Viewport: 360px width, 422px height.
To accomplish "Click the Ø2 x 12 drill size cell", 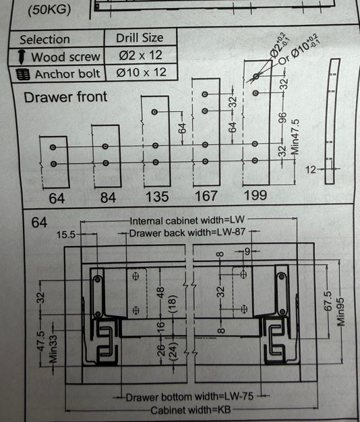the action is click(x=140, y=55).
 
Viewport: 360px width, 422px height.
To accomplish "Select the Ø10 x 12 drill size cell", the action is click(x=142, y=72).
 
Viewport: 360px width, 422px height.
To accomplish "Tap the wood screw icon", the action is click(x=22, y=57).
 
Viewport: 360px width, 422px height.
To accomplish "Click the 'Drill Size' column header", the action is click(x=140, y=38).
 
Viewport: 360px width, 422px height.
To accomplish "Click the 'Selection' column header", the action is click(x=44, y=40).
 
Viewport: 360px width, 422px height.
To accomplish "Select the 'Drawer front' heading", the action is click(x=65, y=97).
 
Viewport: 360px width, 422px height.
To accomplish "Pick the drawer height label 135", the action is click(x=157, y=197).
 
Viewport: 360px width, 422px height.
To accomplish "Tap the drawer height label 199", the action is click(x=255, y=195).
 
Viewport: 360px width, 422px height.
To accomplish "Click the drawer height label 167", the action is click(x=206, y=196).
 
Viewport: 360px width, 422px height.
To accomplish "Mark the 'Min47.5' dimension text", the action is click(x=295, y=137).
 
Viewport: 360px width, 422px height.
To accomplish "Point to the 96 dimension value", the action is click(x=282, y=119).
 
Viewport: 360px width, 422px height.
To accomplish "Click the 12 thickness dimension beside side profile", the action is click(x=311, y=170).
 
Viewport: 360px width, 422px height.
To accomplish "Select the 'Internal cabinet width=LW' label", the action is click(x=187, y=220).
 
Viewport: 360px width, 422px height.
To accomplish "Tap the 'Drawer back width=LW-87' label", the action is click(x=187, y=233).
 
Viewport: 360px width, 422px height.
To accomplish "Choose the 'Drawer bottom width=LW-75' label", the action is click(x=189, y=397).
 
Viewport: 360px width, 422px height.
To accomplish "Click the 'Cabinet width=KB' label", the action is click(x=191, y=410).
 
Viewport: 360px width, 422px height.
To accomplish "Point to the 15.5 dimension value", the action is click(x=66, y=235).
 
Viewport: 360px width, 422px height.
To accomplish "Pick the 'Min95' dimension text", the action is click(x=341, y=311).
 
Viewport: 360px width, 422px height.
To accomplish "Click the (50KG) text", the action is click(x=49, y=10).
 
